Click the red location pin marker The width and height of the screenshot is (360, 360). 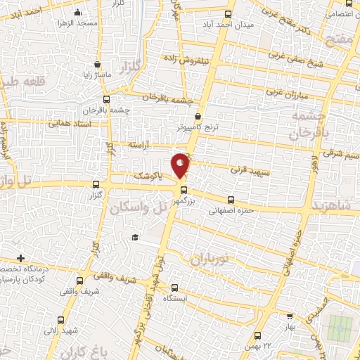coord(181,165)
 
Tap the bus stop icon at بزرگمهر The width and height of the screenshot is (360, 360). coord(184,189)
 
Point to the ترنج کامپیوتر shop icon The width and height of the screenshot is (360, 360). coord(198,117)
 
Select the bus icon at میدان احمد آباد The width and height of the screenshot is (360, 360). coord(226,13)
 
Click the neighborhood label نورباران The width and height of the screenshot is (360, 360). coord(209,259)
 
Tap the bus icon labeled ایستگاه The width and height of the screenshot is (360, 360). coord(178,288)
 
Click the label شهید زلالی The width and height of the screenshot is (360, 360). coord(63,329)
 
